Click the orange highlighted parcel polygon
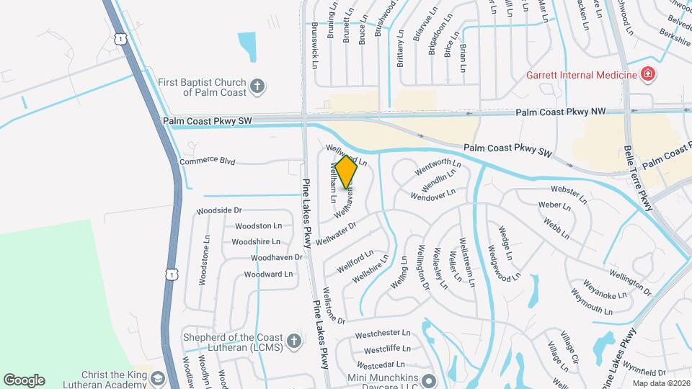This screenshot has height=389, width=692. pos(347,173)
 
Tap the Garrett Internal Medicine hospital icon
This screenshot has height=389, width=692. pos(647,74)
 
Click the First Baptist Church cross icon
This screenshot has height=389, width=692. pos(257,88)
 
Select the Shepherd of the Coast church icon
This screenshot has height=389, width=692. pos(293,341)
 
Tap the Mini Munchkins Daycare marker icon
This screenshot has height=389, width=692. pos(430,380)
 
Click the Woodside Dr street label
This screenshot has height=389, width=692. pos(218,210)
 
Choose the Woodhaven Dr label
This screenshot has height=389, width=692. pos(276,257)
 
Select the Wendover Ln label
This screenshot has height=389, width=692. pos(432,194)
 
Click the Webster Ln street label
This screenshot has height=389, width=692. pos(565,191)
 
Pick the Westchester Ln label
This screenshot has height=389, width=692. pos(383,334)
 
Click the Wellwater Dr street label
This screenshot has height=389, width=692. pos(337,234)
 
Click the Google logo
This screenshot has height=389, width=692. pos(24,380)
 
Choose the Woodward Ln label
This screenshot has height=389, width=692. pos(268,274)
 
